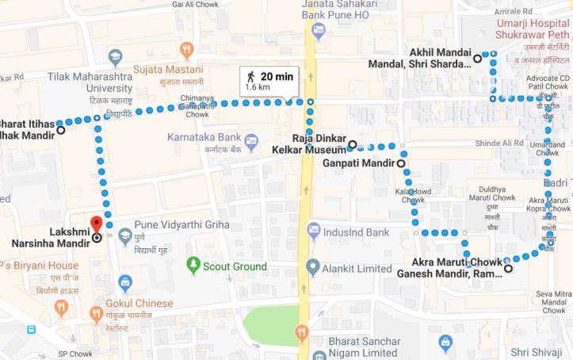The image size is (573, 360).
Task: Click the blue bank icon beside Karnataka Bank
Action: [x=251, y=143]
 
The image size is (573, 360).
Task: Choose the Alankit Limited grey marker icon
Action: [x=313, y=265]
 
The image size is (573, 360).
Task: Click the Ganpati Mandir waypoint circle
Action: [x=400, y=163]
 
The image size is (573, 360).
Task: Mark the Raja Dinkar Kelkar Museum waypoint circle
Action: [x=353, y=144]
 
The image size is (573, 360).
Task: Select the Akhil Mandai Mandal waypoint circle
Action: [x=477, y=58]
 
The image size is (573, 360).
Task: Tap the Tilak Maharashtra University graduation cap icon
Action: [x=116, y=56]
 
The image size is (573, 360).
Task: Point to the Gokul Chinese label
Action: [x=141, y=304]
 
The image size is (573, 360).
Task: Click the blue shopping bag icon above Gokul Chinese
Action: [x=125, y=281]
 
